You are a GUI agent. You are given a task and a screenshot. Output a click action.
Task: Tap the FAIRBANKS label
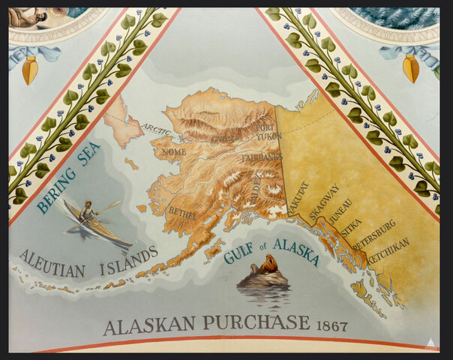click(x=261, y=158)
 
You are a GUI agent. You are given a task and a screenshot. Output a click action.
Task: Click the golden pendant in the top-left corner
click(x=29, y=70)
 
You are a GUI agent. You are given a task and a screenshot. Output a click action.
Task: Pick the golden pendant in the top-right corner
click(x=411, y=69)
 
